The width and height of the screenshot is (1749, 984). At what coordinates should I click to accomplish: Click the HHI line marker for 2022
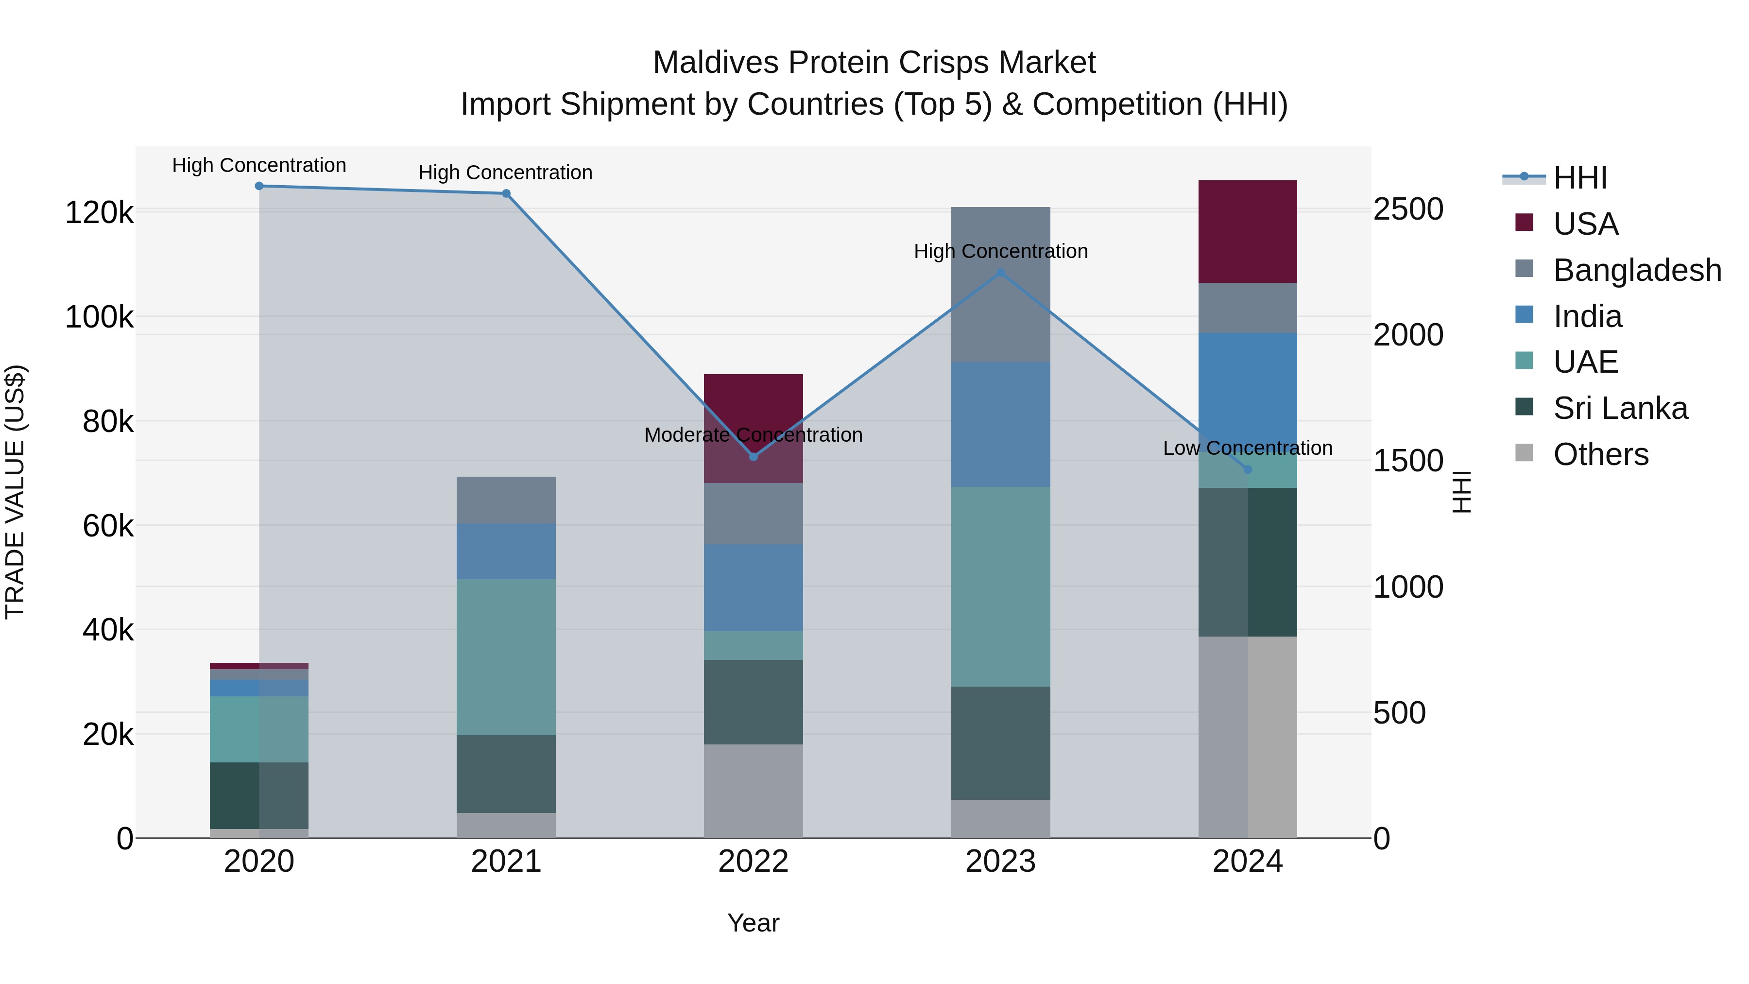(753, 457)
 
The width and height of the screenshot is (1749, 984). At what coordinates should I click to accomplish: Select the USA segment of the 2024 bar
(1247, 232)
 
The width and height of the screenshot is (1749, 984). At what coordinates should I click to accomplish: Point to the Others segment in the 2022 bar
(753, 791)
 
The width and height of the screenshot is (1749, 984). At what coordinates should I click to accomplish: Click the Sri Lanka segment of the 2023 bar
(1000, 743)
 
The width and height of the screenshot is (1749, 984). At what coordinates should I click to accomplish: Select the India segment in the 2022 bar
(753, 587)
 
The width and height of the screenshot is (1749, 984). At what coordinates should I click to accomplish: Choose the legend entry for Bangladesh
(1636, 270)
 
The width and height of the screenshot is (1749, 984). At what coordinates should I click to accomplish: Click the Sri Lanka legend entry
(1619, 408)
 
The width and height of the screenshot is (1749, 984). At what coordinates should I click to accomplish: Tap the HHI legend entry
(1579, 178)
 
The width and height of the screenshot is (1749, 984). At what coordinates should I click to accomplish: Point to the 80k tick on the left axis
(108, 422)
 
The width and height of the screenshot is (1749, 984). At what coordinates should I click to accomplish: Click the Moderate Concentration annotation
(753, 434)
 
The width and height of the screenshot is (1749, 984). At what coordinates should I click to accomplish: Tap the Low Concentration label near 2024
(1247, 448)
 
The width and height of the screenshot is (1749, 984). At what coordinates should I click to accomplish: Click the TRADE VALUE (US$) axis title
(16, 492)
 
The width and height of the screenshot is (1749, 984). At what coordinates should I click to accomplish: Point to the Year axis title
(753, 923)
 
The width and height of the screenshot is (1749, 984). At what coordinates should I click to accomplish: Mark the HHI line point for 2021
(506, 193)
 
